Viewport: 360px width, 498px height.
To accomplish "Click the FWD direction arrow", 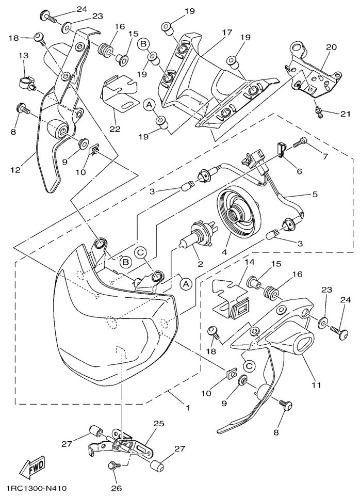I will click(32, 468).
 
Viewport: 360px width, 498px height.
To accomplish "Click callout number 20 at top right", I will click(331, 47).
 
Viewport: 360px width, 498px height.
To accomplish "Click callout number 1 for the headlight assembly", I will click(187, 407).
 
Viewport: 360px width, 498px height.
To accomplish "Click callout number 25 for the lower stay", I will click(158, 423).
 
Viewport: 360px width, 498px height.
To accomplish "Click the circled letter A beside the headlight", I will click(186, 283).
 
